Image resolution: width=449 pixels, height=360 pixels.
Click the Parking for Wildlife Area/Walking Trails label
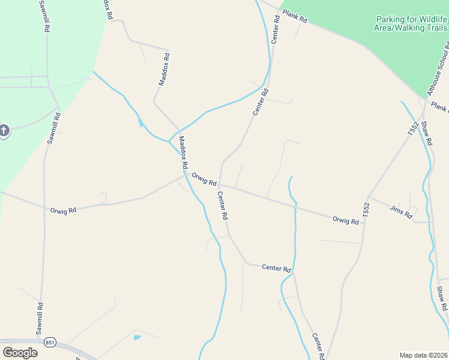(412, 23)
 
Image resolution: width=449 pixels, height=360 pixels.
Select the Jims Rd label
(400, 211)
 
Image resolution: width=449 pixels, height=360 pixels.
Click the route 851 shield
(50, 342)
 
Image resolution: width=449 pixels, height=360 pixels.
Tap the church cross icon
(4, 130)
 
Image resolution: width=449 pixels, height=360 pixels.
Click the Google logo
(20, 352)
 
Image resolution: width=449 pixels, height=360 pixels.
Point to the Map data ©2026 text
(423, 355)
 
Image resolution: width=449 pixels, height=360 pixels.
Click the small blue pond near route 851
(137, 338)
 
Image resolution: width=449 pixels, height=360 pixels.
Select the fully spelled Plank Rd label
(295, 16)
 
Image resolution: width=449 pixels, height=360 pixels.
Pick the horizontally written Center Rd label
(276, 268)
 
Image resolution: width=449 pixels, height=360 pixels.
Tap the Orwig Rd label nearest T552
(345, 220)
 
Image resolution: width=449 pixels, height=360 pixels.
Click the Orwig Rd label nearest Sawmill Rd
(63, 211)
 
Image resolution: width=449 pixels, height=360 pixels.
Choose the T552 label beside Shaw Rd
(412, 129)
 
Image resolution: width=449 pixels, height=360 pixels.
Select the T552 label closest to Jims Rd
(366, 209)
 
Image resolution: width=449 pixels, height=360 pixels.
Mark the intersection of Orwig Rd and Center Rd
(219, 185)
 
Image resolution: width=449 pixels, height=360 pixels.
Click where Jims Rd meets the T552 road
(367, 196)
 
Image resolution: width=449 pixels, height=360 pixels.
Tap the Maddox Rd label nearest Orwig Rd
(183, 152)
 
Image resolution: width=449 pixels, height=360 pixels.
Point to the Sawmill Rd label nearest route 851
(39, 318)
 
